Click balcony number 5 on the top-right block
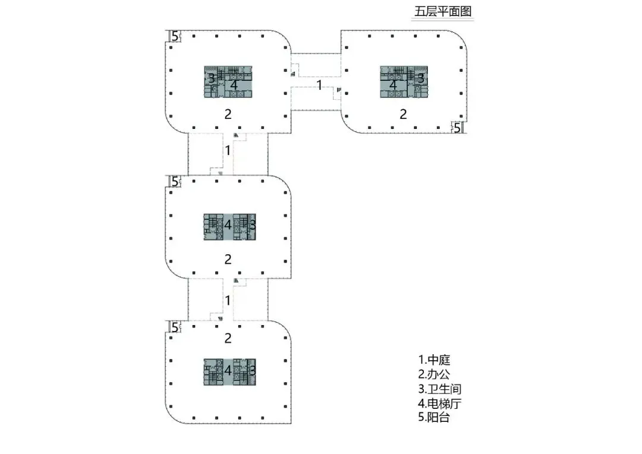tap(457, 127)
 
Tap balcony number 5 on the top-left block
tap(174, 36)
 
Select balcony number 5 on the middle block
tap(174, 181)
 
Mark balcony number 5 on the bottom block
tap(174, 326)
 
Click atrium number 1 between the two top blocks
tap(319, 85)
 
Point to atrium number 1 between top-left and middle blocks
tap(227, 150)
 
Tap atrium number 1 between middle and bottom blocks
tap(227, 300)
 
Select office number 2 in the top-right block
tap(403, 113)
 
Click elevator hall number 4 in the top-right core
tap(392, 85)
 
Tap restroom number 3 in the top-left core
tap(211, 78)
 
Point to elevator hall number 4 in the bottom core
tap(227, 370)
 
